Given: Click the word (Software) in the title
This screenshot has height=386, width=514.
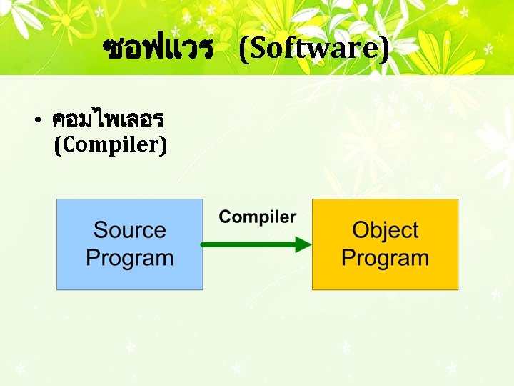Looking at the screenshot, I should [314, 49].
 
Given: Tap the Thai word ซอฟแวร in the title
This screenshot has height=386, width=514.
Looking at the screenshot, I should [158, 49].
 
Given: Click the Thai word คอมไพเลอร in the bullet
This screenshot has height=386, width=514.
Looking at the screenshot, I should [109, 119].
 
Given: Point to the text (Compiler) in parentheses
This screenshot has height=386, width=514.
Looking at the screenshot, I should [111, 145].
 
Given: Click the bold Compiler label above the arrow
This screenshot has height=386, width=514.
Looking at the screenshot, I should [258, 217].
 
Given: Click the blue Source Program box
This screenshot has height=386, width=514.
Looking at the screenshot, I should [130, 244].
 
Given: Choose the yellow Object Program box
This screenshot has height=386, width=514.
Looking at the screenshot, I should [385, 244].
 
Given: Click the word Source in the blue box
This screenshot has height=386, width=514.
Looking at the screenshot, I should [130, 230].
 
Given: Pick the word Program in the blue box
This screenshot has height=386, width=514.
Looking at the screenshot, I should [130, 258].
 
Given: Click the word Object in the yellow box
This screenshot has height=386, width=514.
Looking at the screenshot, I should [385, 230].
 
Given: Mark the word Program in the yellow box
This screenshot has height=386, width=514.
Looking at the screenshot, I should [385, 258].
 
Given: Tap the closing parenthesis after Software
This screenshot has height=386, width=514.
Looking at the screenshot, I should [385, 49].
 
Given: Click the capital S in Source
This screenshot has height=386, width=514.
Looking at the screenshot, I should [101, 230].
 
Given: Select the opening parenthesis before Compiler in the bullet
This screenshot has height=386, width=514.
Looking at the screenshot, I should [58, 145].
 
